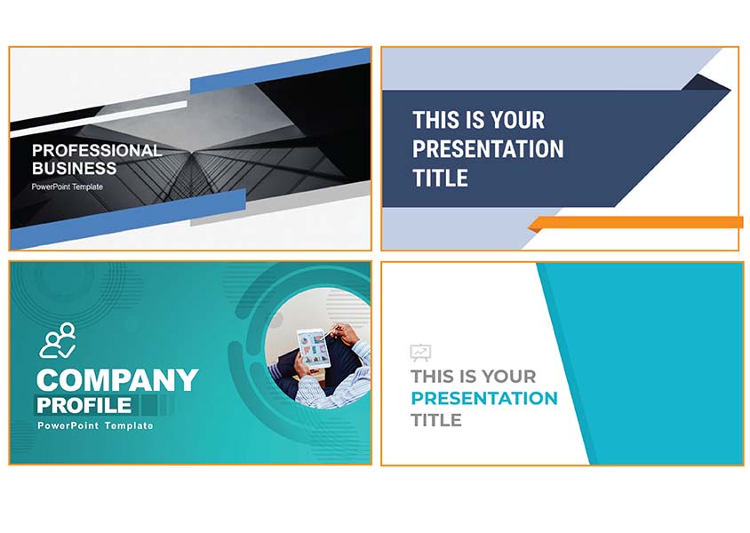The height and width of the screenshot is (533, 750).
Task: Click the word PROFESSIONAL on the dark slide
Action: pyautogui.click(x=97, y=151)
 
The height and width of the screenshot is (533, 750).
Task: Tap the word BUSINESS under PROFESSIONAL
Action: pyautogui.click(x=74, y=169)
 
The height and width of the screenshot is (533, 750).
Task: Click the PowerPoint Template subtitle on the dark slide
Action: pyautogui.click(x=68, y=187)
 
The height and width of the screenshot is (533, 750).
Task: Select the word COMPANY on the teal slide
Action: pyautogui.click(x=117, y=380)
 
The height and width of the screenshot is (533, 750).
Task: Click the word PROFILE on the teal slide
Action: pyautogui.click(x=84, y=406)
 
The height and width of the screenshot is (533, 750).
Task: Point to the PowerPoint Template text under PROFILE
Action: pyautogui.click(x=96, y=426)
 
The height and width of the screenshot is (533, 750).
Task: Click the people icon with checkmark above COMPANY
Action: pyautogui.click(x=58, y=340)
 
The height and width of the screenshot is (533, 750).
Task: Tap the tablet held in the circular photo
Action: pyautogui.click(x=314, y=348)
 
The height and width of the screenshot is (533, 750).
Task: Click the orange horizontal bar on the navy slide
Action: pyautogui.click(x=635, y=223)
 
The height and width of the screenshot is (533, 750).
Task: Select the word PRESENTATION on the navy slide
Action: pyautogui.click(x=488, y=149)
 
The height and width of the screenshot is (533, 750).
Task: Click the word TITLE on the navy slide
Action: pyautogui.click(x=440, y=179)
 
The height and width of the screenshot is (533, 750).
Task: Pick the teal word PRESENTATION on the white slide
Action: pyautogui.click(x=484, y=398)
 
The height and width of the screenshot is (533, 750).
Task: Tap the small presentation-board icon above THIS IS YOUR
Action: pyautogui.click(x=420, y=353)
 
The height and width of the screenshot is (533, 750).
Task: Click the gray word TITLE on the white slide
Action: pyautogui.click(x=436, y=420)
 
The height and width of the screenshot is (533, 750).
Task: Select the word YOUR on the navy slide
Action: pyautogui.click(x=518, y=120)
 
